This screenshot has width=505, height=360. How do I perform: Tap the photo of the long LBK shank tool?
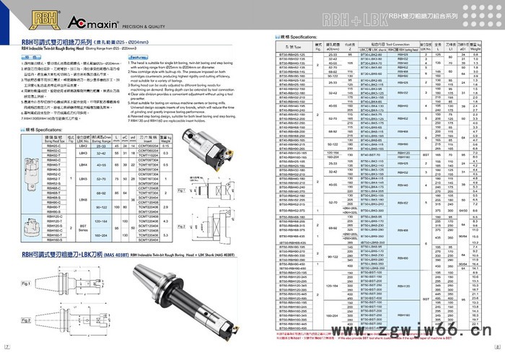click(177, 286)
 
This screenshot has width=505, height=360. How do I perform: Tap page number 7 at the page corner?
click(6, 354)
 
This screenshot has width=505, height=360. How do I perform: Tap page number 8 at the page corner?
click(499, 354)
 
